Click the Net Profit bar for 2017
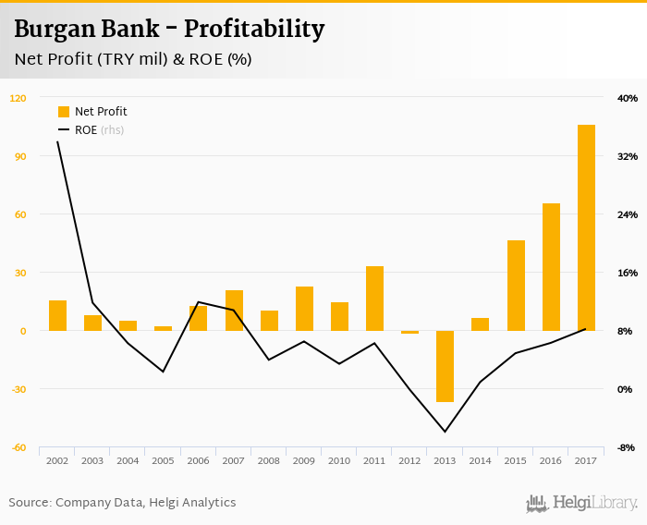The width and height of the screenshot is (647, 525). (586, 227)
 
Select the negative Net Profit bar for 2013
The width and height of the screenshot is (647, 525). (445, 366)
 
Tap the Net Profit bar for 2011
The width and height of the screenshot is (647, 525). (374, 298)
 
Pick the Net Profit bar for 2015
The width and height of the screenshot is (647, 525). (516, 285)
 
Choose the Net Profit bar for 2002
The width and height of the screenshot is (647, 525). (57, 315)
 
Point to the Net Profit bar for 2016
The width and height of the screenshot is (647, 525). (551, 266)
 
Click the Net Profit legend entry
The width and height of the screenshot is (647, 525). (92, 112)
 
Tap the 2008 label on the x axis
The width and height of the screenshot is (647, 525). (269, 460)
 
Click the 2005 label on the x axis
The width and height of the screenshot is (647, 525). (163, 460)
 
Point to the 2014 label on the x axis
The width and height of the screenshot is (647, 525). (481, 460)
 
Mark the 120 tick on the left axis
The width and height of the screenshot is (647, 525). (18, 98)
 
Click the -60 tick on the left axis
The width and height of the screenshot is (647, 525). (18, 447)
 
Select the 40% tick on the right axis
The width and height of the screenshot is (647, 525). (627, 98)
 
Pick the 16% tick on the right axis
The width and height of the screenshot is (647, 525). (627, 273)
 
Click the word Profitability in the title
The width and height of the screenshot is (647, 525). (254, 30)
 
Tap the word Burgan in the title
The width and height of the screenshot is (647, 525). (53, 30)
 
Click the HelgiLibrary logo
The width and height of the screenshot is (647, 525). (582, 503)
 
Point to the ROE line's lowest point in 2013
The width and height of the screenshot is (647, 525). (445, 432)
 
